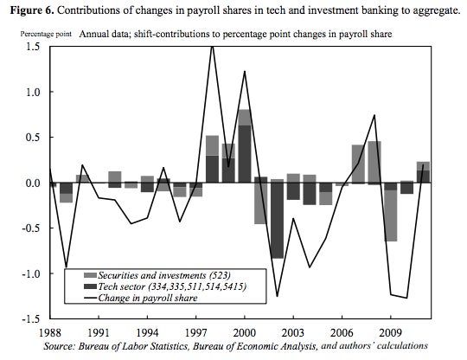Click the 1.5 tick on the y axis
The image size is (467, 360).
point(32,47)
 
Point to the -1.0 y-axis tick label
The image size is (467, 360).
point(31,273)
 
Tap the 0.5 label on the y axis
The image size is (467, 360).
point(33,138)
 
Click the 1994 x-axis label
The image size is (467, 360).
point(147,332)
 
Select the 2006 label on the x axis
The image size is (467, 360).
point(342,332)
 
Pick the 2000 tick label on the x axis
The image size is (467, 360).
point(244,332)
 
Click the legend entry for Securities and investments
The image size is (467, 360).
point(157,275)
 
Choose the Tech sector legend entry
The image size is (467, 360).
point(165,286)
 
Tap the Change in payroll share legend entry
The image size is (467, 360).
point(141,298)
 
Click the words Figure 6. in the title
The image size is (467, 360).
point(32,10)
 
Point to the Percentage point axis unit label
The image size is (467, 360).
point(46,35)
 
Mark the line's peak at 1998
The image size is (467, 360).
point(212,47)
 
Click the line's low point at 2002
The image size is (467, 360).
point(278,296)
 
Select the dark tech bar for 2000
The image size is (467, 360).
point(245,154)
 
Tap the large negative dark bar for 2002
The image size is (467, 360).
point(277,221)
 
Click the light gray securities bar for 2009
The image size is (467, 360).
point(390,215)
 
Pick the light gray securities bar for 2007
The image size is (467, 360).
point(358,164)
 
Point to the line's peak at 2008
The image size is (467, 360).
point(374,115)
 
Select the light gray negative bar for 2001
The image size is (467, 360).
point(260,203)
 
